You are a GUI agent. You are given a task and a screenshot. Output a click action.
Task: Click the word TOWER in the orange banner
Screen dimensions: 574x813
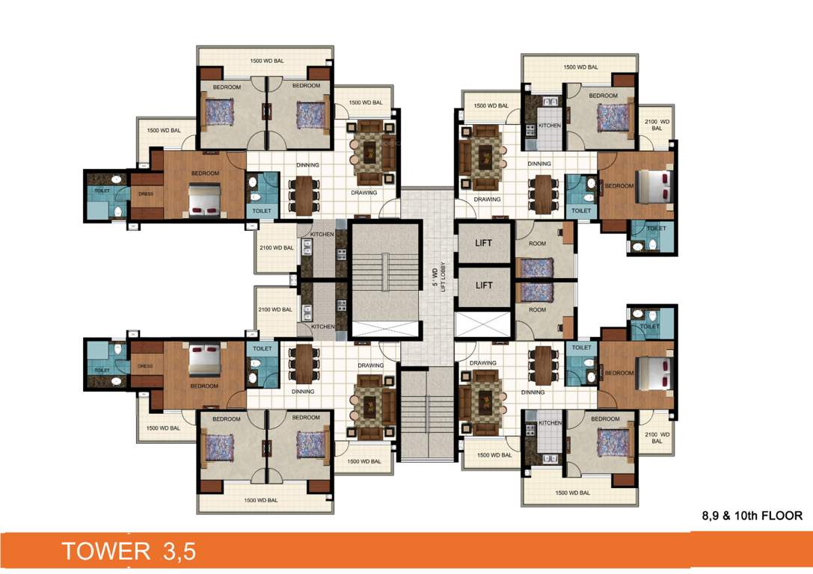pos(105,552)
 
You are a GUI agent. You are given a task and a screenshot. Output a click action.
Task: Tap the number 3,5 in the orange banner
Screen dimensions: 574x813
pos(178,552)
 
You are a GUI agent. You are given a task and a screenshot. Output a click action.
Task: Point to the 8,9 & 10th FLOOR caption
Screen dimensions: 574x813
pos(752,516)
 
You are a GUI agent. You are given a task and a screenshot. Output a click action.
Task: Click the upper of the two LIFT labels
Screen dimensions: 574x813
pos(485,243)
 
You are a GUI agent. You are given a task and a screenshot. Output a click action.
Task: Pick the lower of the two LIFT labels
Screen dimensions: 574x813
pos(485,285)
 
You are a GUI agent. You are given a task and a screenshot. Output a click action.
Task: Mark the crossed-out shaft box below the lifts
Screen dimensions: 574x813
pos(483,326)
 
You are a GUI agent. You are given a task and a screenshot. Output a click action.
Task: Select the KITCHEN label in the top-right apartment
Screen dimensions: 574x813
pos(550,126)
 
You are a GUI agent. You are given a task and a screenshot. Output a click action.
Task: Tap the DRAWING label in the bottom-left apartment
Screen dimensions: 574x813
pos(370,365)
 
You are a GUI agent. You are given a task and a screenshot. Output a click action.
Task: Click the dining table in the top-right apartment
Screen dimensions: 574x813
pos(542,193)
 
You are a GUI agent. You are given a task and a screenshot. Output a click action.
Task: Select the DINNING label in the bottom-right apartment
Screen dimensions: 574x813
pos(533,392)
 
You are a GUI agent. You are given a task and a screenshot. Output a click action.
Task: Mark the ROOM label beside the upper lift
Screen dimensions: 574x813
pos(537,243)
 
